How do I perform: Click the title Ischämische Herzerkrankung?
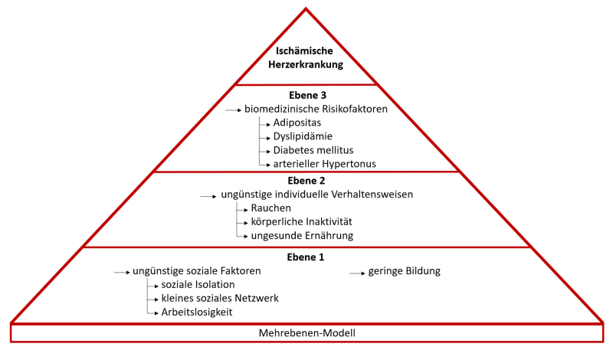click(306, 58)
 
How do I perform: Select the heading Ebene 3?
click(306, 95)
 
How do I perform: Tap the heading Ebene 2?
click(306, 182)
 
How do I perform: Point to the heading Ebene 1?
click(306, 257)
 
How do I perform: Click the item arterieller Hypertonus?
click(325, 163)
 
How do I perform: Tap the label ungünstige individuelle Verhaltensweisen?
click(317, 195)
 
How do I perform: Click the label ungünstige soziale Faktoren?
click(197, 271)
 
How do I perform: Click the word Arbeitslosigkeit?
click(197, 312)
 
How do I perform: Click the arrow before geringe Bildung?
click(357, 272)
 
